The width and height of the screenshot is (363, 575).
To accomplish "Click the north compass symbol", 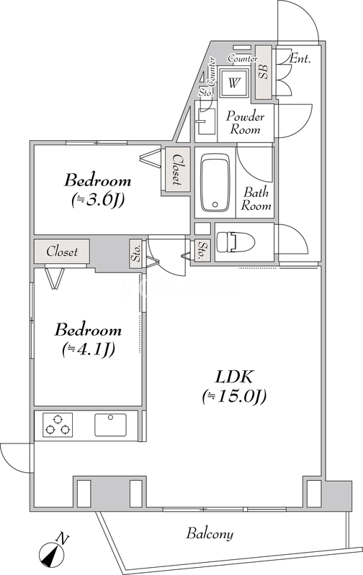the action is tap(53, 550).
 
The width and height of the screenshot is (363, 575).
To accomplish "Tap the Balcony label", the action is tap(210, 533).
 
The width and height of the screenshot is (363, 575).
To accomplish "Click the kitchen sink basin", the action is tap(110, 425).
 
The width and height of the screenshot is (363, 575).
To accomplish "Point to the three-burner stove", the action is tap(58, 425).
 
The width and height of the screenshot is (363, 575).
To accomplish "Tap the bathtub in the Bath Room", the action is tap(215, 183).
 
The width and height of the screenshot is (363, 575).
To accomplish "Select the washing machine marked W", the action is tap(234, 82).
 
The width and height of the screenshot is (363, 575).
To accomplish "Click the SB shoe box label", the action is tap(264, 71).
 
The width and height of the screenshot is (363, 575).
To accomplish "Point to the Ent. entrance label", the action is tap(300, 59).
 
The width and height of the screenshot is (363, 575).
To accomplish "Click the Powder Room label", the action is tap(245, 123).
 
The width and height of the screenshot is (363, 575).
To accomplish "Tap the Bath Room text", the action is tap(256, 198).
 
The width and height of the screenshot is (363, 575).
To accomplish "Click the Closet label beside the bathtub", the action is tap(177, 169).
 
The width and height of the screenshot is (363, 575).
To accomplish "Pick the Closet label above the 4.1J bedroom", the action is tap(62, 252).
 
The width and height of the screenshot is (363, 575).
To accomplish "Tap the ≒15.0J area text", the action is tap(234, 397).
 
